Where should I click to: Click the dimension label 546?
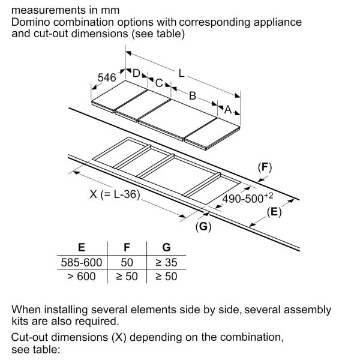(x=107, y=77)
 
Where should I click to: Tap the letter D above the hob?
(x=136, y=73)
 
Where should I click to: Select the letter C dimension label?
(x=159, y=83)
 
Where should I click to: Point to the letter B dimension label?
(x=193, y=95)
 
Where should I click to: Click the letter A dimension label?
(x=227, y=110)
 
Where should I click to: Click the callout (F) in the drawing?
(x=265, y=167)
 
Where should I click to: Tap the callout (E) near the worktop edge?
(x=274, y=211)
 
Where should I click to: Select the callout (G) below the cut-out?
(x=204, y=226)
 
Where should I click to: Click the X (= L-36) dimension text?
(x=119, y=195)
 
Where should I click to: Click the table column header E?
(x=82, y=247)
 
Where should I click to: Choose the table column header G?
(x=166, y=247)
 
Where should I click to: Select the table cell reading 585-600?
(x=82, y=262)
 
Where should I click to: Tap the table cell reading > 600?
(x=82, y=276)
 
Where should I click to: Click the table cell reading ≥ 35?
(x=166, y=262)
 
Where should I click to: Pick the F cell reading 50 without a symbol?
(x=127, y=262)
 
